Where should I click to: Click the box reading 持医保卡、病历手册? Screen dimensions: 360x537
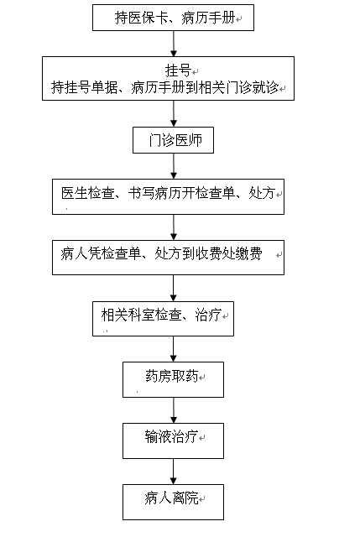[x=173, y=18]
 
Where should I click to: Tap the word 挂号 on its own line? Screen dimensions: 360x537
[x=178, y=70]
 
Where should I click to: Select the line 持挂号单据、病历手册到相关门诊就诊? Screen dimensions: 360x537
[x=164, y=87]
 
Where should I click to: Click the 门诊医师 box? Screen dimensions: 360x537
[x=173, y=140]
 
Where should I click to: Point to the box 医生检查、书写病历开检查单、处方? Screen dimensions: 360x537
[x=168, y=196]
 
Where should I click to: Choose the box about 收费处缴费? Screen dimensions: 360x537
[x=168, y=258]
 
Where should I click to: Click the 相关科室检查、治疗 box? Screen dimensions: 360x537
[x=163, y=319]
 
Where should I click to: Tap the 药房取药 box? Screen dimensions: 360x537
[x=174, y=380]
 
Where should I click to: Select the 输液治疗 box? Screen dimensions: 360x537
[x=174, y=441]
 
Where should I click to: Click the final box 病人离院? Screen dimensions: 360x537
[x=174, y=502]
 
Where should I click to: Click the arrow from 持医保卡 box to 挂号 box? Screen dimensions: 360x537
[x=174, y=44]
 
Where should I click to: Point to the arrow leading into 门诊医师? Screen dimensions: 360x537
[x=174, y=114]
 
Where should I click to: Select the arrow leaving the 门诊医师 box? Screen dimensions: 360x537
[x=174, y=166]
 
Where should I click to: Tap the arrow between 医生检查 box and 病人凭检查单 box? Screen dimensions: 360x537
[x=174, y=227]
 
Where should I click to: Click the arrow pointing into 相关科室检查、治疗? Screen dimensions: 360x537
[x=174, y=289]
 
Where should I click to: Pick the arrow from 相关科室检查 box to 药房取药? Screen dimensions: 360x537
[x=174, y=349]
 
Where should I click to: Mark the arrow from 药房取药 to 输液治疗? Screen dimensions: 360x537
[x=174, y=410]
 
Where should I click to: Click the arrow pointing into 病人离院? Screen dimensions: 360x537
[x=174, y=472]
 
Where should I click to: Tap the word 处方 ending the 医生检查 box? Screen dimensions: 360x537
[x=262, y=193]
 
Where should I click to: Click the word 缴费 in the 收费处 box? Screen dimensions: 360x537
[x=249, y=253]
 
